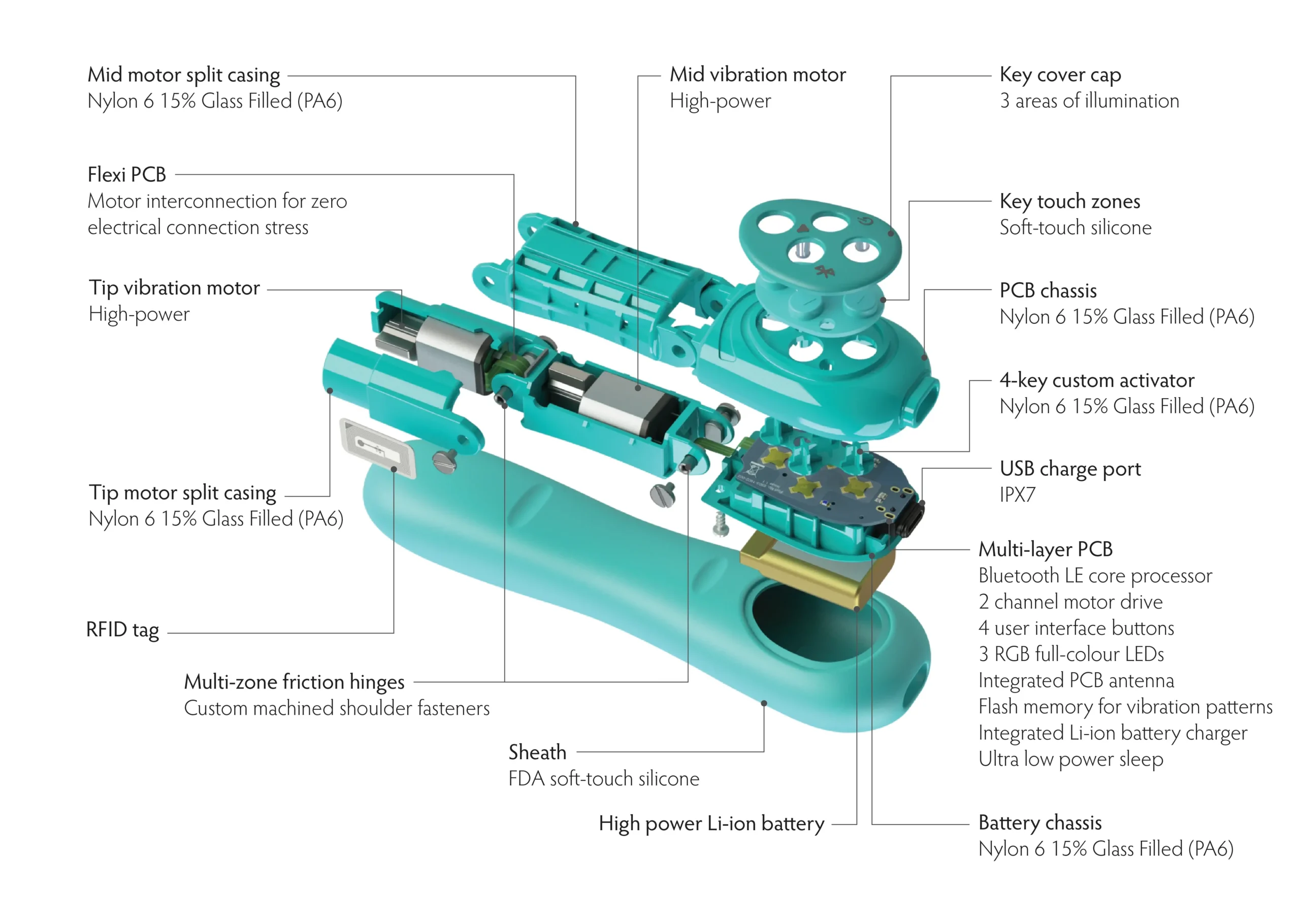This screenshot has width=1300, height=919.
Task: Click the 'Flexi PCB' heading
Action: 126,175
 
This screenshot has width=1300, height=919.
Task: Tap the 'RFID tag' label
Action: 122,630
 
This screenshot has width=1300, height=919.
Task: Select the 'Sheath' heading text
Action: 537,752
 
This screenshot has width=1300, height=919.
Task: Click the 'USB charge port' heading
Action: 1069,470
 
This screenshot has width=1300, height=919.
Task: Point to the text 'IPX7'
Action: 1017,496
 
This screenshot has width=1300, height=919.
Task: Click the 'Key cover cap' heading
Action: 1060,75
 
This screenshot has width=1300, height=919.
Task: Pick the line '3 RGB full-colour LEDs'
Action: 1070,654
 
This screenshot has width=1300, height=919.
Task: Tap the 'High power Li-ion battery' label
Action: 711,824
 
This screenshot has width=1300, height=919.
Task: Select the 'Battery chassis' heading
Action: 1039,823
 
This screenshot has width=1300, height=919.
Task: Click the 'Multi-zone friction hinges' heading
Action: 294,682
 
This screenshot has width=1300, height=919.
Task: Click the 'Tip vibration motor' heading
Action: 174,288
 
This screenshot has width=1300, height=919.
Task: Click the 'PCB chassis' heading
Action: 1048,291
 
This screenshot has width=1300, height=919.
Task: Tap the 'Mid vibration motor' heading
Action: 757,75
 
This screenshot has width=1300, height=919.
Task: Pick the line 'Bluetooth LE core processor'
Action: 1094,576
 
